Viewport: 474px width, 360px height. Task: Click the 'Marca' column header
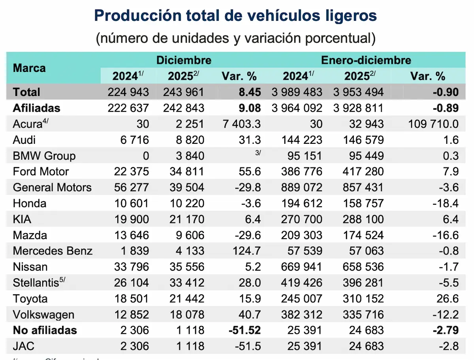click(29, 68)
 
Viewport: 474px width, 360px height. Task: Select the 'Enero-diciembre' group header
click(366, 60)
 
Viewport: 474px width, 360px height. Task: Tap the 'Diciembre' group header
click(184, 60)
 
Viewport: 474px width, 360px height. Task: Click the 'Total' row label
click(26, 92)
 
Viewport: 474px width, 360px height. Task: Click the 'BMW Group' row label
click(44, 156)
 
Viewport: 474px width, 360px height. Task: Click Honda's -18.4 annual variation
click(445, 204)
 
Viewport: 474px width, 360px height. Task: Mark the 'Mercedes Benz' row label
click(53, 251)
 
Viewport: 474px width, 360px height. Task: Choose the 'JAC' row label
click(24, 347)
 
